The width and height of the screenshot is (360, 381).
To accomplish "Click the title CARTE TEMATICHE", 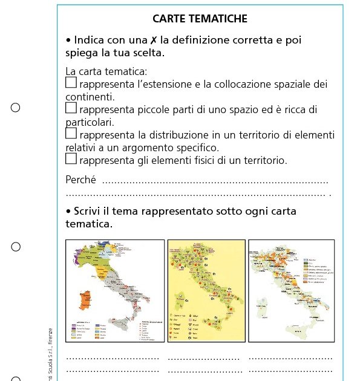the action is click(200, 19).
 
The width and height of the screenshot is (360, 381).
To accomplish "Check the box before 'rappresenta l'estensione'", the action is click(71, 82).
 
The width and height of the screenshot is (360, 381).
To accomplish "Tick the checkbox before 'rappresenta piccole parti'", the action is click(71, 108).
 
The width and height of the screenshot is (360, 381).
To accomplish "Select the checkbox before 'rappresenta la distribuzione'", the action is click(71, 133).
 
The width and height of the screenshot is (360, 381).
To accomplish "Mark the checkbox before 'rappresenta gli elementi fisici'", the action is click(71, 158).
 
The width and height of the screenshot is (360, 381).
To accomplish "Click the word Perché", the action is click(81, 180).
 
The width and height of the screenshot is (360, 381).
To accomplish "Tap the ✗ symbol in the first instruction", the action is click(154, 41).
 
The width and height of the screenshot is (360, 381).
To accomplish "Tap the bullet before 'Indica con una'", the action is click(68, 41).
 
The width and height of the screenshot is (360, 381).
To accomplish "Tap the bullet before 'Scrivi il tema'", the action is click(68, 211).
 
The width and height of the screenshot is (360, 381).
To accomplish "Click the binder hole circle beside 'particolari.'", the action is click(16, 108).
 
